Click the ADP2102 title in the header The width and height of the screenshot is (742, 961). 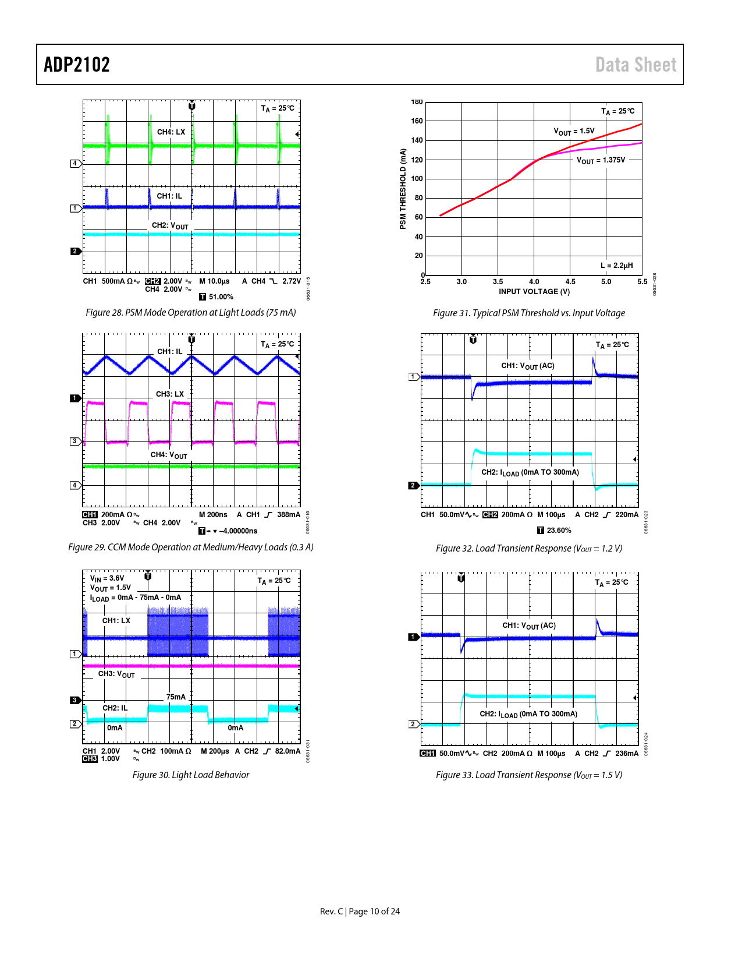(77, 65)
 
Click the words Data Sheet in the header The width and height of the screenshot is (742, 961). (636, 65)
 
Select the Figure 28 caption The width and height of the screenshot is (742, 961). (191, 313)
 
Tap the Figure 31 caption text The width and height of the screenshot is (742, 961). (528, 313)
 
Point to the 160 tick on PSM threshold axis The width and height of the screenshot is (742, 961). (417, 121)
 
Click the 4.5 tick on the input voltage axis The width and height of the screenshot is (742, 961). (570, 282)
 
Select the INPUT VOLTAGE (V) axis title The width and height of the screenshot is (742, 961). (534, 292)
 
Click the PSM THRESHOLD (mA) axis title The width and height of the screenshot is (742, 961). (403, 189)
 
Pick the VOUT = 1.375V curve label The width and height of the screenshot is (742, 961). (601, 160)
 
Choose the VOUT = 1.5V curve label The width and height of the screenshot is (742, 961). (574, 132)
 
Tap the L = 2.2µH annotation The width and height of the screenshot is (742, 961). (616, 266)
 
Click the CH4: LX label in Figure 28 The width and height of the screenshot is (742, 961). (171, 132)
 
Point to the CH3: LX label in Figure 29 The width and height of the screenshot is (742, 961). (170, 394)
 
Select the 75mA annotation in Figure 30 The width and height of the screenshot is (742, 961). (176, 697)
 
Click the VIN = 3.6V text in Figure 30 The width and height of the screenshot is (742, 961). (107, 578)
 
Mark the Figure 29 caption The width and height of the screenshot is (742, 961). (191, 547)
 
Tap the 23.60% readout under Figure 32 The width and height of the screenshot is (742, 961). (559, 531)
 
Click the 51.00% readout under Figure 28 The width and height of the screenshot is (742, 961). (221, 297)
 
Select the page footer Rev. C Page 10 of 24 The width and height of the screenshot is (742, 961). (360, 911)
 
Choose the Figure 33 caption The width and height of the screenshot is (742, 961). (528, 775)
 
